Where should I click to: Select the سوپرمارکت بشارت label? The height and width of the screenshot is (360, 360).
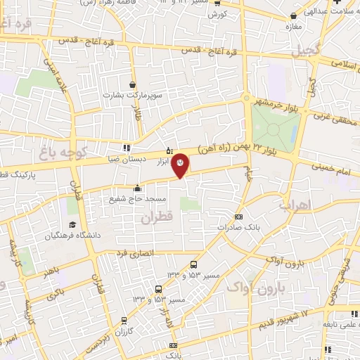(133, 94)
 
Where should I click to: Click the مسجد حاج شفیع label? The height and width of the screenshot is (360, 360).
(133, 198)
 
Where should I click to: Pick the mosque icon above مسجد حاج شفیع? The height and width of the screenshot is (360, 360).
(137, 188)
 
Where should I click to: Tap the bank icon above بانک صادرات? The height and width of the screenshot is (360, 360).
(239, 217)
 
